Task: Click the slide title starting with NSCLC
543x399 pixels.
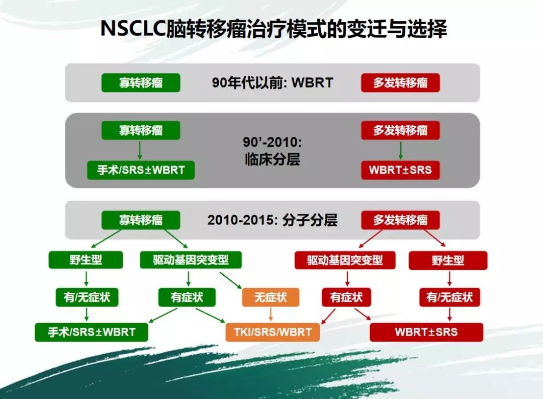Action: [274, 28]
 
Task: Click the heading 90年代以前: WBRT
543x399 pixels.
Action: [273, 83]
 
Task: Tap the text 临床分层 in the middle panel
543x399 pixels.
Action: [273, 159]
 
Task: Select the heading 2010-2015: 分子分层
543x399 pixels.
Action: [273, 220]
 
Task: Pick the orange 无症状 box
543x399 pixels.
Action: [270, 297]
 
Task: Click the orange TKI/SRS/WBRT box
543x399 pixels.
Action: [273, 332]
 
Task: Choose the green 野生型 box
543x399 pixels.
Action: [86, 260]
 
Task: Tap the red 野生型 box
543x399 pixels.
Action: [448, 260]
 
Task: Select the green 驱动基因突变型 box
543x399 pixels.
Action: [191, 260]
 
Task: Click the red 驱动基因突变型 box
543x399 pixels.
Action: [345, 260]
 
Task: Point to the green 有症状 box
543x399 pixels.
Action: [187, 297]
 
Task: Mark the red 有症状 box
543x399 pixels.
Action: [346, 297]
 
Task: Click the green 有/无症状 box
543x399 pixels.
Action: [87, 297]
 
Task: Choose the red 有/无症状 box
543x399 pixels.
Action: [449, 297]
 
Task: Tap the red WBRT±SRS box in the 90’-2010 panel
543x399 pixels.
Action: [400, 170]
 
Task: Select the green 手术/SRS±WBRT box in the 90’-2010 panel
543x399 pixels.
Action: [141, 170]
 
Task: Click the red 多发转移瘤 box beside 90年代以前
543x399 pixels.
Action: [400, 83]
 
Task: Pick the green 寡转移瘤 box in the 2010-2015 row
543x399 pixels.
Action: [141, 220]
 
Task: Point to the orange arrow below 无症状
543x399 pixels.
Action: [270, 314]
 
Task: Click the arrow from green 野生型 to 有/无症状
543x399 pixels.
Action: [86, 278]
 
